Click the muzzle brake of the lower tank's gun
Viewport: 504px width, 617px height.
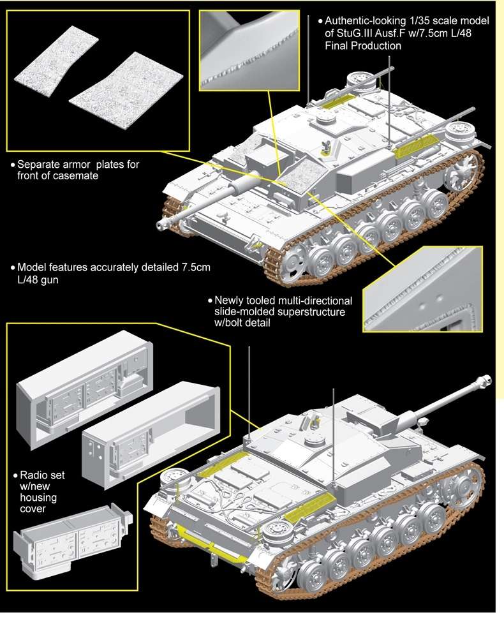484,380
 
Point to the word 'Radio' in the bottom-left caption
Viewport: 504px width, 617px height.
34,475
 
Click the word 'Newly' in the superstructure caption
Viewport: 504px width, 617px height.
230,299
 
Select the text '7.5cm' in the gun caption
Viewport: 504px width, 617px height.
191,267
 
